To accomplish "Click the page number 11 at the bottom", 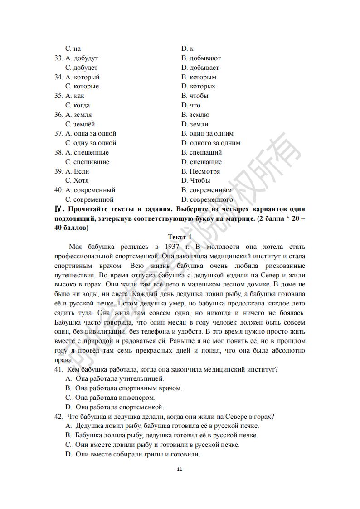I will [x=180, y=469].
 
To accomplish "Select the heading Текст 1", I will [x=180, y=237].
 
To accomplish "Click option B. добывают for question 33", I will [x=201, y=58].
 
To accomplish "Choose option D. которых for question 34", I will [x=198, y=86].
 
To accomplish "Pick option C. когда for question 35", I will [x=78, y=105].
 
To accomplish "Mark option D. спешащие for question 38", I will [x=202, y=162].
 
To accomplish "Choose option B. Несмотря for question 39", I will [x=201, y=171].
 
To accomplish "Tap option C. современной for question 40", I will [x=89, y=199].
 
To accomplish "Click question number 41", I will [x=59, y=369].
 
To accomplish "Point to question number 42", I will [x=59, y=417].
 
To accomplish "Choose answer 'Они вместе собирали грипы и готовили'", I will [x=133, y=454].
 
